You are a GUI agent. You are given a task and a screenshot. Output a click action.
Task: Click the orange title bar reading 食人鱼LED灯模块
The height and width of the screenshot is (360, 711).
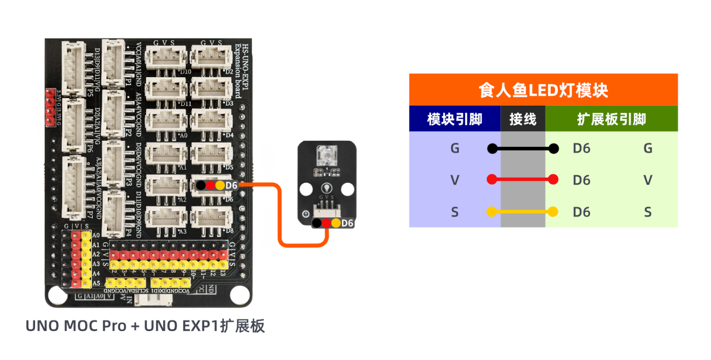[x=543, y=90]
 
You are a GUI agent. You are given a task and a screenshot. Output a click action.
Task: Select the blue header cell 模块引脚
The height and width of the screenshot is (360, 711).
[x=455, y=119]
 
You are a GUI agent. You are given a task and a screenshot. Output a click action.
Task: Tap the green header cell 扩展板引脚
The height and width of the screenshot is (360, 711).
[x=611, y=119]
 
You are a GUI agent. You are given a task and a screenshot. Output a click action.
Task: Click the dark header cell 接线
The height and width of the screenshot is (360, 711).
[x=523, y=119]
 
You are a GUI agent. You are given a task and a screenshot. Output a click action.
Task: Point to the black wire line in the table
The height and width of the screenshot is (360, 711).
[x=523, y=149]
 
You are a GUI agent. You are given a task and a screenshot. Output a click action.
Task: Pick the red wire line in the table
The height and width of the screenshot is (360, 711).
[x=523, y=180]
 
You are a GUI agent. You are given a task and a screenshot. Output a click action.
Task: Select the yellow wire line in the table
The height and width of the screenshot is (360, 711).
[x=523, y=212]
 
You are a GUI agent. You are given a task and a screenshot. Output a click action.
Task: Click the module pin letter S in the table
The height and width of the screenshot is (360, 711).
[x=455, y=212]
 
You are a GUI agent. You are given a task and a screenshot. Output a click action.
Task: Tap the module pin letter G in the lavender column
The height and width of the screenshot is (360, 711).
[x=455, y=148]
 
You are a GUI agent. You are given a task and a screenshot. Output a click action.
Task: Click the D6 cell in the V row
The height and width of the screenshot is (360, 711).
[x=581, y=180]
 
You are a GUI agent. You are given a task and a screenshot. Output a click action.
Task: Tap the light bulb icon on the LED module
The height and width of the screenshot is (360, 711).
[x=326, y=187]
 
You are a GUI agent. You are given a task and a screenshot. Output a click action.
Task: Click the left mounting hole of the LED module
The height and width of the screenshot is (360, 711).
[x=306, y=189]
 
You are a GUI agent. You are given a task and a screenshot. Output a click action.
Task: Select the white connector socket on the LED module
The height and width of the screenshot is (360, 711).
[x=325, y=208]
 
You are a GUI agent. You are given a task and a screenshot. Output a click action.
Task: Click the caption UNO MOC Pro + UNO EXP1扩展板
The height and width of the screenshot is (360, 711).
[x=145, y=326]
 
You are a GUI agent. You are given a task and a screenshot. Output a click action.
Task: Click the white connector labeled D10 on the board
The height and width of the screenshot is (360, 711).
[x=163, y=57]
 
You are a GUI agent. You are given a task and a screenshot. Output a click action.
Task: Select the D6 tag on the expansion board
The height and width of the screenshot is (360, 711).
[x=231, y=185]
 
